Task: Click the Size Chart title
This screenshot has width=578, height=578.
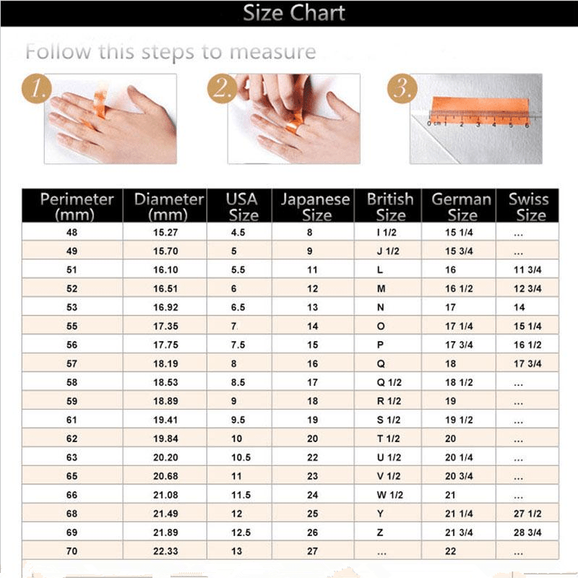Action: coord(293,13)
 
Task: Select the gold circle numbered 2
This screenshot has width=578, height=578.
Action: coord(223,90)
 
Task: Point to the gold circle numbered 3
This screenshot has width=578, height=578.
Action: coord(402,90)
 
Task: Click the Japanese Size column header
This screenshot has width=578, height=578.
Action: coord(315,206)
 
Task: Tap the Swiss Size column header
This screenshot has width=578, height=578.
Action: coord(528,206)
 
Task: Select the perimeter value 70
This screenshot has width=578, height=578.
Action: coord(72,551)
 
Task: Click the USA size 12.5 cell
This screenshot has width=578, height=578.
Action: coord(241,532)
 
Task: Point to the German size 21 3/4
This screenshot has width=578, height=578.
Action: coord(460,532)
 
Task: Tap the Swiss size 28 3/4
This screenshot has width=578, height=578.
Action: coord(527,532)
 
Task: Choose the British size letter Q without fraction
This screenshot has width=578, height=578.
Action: coord(381,363)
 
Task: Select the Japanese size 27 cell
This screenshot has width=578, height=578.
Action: coord(312,551)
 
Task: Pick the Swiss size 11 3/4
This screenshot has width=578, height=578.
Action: coord(527,269)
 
